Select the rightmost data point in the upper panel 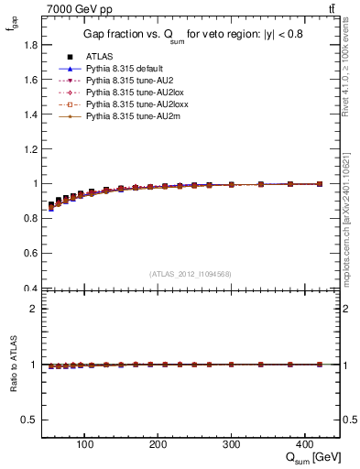point(318,184)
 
